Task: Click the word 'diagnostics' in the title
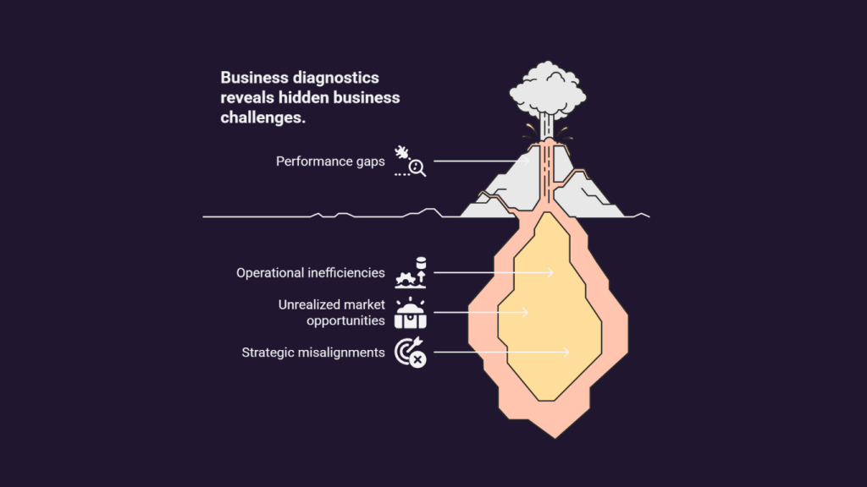(x=335, y=78)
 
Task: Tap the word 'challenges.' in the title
(x=262, y=118)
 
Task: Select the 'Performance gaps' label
(x=330, y=161)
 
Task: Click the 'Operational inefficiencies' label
(x=310, y=273)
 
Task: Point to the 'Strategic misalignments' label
(x=313, y=353)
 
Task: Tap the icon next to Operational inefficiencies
(x=411, y=273)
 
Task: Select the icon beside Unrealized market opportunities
(x=411, y=313)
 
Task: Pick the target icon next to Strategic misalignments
(x=411, y=353)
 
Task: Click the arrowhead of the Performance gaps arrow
(x=527, y=161)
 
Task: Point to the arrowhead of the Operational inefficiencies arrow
(x=550, y=273)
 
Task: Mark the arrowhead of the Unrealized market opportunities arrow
(x=526, y=313)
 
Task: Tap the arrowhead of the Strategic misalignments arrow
(x=566, y=353)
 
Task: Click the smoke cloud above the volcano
(x=548, y=90)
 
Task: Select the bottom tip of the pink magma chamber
(x=555, y=438)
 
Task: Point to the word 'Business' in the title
(x=254, y=78)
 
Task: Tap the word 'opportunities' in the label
(x=345, y=320)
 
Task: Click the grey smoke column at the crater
(x=546, y=127)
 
